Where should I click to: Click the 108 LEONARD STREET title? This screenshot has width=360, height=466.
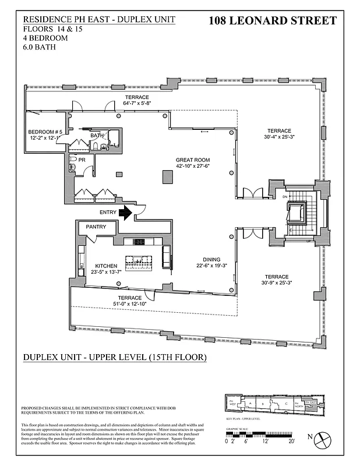coord(272,21)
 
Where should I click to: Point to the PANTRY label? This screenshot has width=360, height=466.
coord(96,227)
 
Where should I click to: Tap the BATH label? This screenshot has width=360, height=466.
coord(97,136)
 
